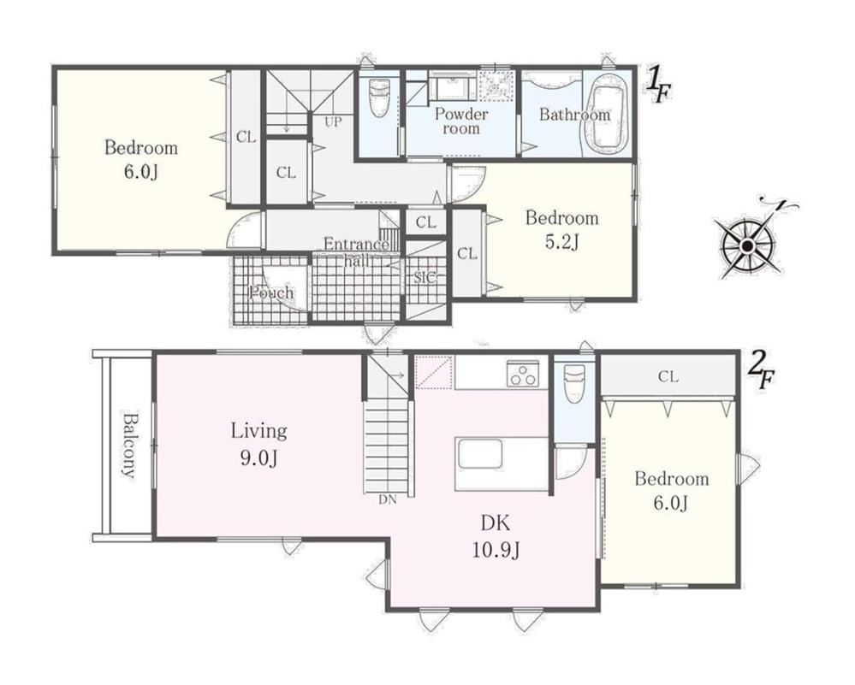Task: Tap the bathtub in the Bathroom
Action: pos(608,115)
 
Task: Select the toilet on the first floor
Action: pos(379,97)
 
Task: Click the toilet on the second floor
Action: pos(574,382)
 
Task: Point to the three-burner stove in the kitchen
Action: pos(523,375)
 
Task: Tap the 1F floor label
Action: pos(659,86)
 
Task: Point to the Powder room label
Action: pos(461,121)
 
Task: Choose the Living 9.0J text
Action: pos(259,444)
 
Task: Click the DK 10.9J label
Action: pos(496,537)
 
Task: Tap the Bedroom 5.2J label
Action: pos(561,229)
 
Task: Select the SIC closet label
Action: pos(425,277)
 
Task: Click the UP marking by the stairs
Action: pos(333,122)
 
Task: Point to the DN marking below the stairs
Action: pos(388,499)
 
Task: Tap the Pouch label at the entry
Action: pos(271,293)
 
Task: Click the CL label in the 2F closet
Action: pos(668,376)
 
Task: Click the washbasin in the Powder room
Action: pos(453,86)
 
